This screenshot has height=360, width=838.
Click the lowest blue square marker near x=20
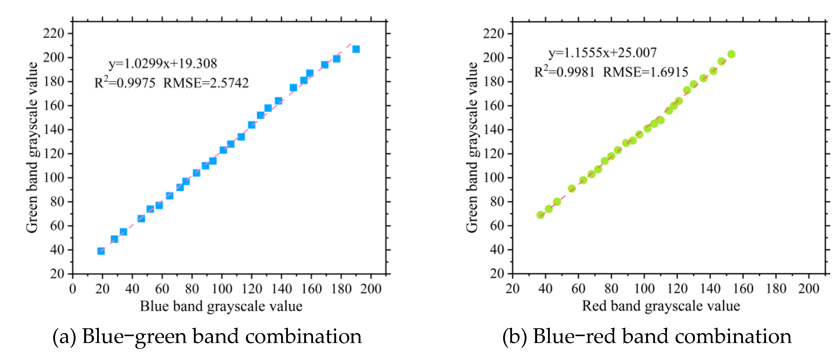pyautogui.click(x=101, y=251)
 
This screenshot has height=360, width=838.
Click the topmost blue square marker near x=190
pyautogui.click(x=356, y=49)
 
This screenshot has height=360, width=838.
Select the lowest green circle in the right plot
pyautogui.click(x=540, y=215)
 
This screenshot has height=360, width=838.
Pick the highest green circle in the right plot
pyautogui.click(x=731, y=54)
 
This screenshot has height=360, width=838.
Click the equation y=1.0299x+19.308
pyautogui.click(x=163, y=63)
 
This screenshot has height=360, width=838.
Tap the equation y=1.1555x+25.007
pyautogui.click(x=603, y=53)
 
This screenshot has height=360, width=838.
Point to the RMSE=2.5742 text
pyautogui.click(x=206, y=83)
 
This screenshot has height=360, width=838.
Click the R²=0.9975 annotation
pyautogui.click(x=125, y=83)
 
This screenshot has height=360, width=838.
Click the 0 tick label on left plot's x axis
pyautogui.click(x=72, y=289)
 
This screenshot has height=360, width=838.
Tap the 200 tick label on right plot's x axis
pyautogui.click(x=808, y=289)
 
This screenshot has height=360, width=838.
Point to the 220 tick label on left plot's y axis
pyautogui.click(x=54, y=33)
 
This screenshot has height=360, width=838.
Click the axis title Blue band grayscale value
pyautogui.click(x=221, y=306)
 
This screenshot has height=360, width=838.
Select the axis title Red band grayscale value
pyautogui.click(x=661, y=306)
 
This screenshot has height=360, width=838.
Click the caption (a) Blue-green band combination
pyautogui.click(x=207, y=337)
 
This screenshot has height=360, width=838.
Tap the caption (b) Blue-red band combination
pyautogui.click(x=647, y=337)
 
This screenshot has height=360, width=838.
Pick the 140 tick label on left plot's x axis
pyautogui.click(x=281, y=289)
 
